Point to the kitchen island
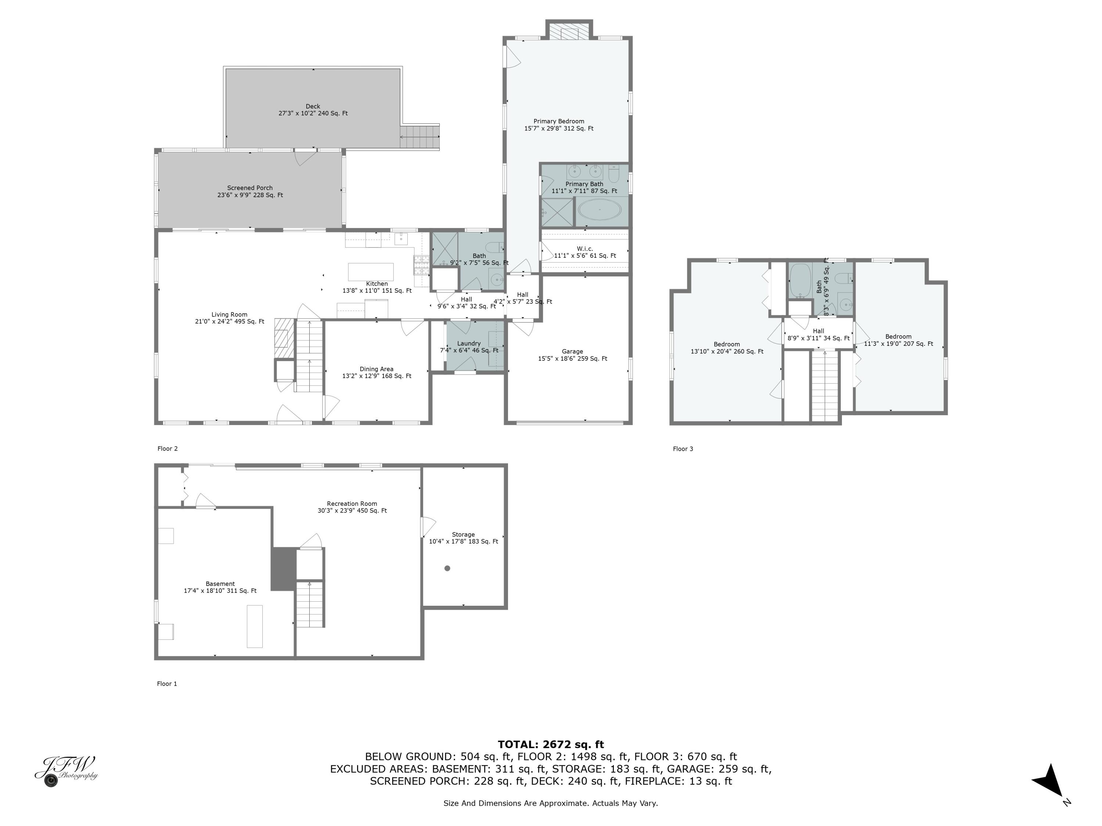pos(371,272)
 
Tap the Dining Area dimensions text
pos(377,376)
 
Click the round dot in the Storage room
pos(447,568)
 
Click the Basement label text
pos(220,584)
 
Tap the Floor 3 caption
pos(683,449)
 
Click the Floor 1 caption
pos(167,684)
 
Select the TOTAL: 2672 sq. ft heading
pos(551,745)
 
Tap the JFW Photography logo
pos(66,770)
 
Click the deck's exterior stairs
pos(419,137)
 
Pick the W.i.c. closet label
pos(585,249)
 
